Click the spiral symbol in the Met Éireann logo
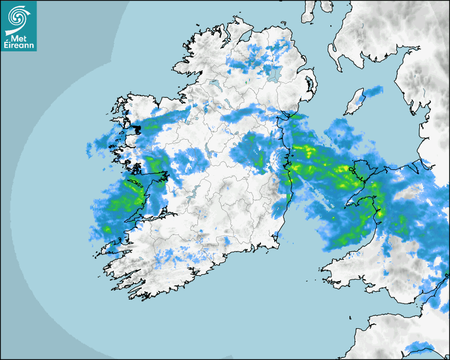[17, 15]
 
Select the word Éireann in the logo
[19, 46]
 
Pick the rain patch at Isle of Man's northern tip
[373, 91]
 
